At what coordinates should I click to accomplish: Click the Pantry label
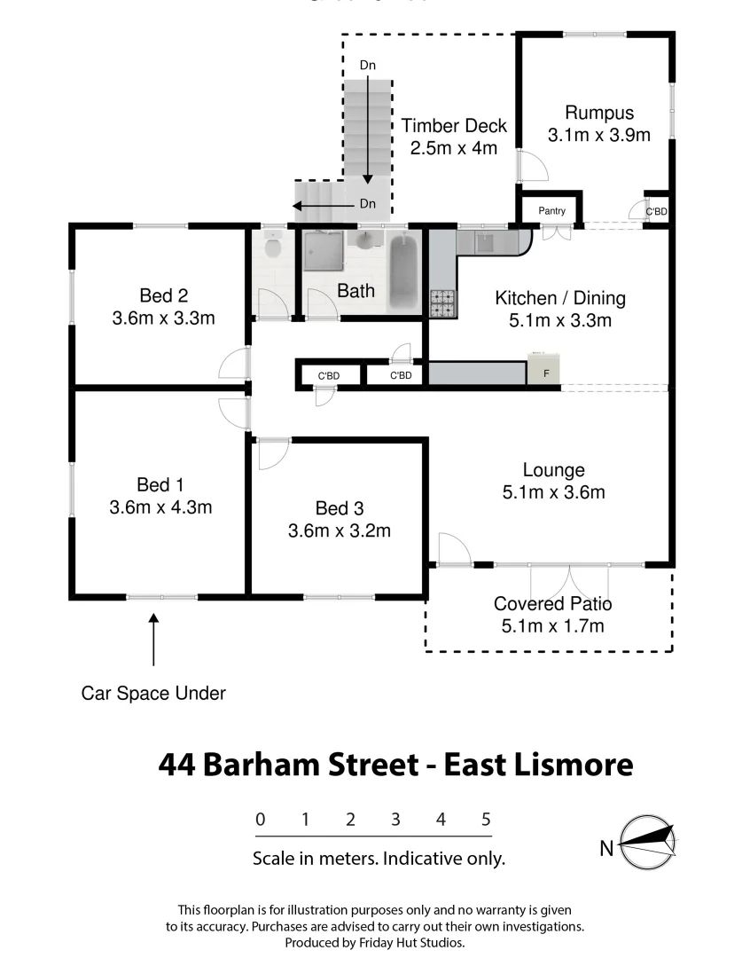pyautogui.click(x=551, y=211)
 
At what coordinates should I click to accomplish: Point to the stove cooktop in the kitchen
pyautogui.click(x=442, y=303)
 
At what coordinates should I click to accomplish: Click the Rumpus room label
pyautogui.click(x=599, y=113)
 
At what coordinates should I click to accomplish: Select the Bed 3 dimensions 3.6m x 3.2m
pyautogui.click(x=340, y=531)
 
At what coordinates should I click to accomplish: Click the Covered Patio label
pyautogui.click(x=552, y=604)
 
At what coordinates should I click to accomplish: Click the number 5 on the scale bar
pyautogui.click(x=486, y=820)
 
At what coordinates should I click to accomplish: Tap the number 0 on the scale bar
pyautogui.click(x=260, y=820)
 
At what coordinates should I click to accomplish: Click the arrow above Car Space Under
pyautogui.click(x=153, y=639)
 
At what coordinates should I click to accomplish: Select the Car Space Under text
pyautogui.click(x=153, y=693)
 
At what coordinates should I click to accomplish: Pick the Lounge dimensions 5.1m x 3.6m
pyautogui.click(x=553, y=492)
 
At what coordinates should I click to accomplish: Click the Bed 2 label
pyautogui.click(x=163, y=295)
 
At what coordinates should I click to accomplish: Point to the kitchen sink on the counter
pyautogui.click(x=486, y=240)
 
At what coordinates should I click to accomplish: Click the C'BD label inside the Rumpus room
pyautogui.click(x=656, y=212)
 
